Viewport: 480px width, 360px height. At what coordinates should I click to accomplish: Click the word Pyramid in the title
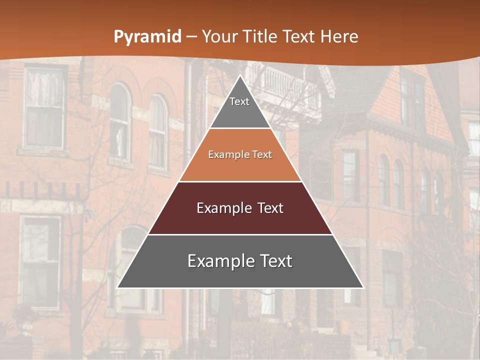147,37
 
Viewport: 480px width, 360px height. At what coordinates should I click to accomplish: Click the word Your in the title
219,37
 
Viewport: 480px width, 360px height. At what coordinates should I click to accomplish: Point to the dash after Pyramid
191,37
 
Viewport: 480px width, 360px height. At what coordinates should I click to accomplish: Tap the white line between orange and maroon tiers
240,181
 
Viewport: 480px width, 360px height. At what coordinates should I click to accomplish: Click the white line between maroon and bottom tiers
240,234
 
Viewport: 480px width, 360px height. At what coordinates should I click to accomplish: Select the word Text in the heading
299,37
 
